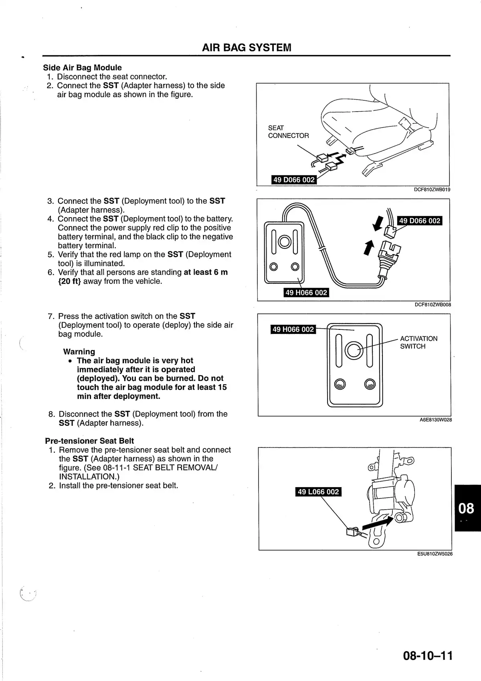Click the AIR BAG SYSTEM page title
(x=247, y=48)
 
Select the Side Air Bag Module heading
(x=82, y=67)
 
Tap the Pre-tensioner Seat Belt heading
(x=89, y=441)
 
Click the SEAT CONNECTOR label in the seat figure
(x=288, y=132)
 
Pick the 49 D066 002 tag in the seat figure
(x=294, y=180)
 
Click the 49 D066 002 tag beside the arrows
(x=420, y=221)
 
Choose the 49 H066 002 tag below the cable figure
(x=306, y=293)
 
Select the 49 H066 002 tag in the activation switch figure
(x=293, y=329)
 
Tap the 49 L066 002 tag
(x=318, y=492)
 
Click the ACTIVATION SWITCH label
(x=418, y=342)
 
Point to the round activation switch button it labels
(x=353, y=350)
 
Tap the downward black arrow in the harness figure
(x=378, y=223)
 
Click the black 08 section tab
(x=467, y=508)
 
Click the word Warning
(x=79, y=352)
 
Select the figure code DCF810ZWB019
(x=432, y=189)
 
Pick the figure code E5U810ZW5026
(x=435, y=554)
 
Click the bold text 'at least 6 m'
(x=206, y=272)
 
